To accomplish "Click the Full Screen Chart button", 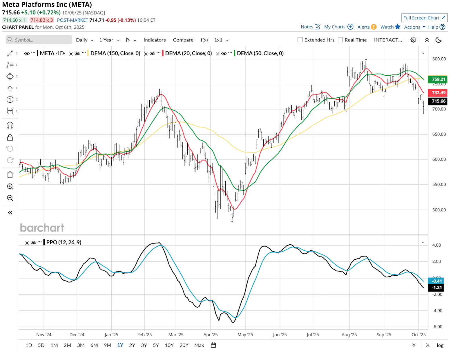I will click(x=424, y=18).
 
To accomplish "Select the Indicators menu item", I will click(x=155, y=40).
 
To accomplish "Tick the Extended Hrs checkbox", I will click(x=300, y=40).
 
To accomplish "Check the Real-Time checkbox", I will click(x=340, y=40).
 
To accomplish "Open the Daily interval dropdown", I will click(x=84, y=40).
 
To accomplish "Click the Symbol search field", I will click(x=39, y=40).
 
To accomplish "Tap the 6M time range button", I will click(x=94, y=345).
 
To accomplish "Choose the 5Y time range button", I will click(x=156, y=345).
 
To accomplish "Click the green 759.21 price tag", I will click(x=438, y=79).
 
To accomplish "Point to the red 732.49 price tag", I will click(x=438, y=93).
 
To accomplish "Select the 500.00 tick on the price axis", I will click(x=439, y=210).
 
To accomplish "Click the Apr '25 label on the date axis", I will click(x=211, y=334).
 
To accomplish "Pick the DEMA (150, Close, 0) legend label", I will click(x=115, y=53).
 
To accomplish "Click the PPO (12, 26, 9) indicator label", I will click(x=64, y=242).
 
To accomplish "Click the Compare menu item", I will click(x=183, y=40).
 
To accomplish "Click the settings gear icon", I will click(x=413, y=40).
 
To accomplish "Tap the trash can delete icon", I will click(x=10, y=175).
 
